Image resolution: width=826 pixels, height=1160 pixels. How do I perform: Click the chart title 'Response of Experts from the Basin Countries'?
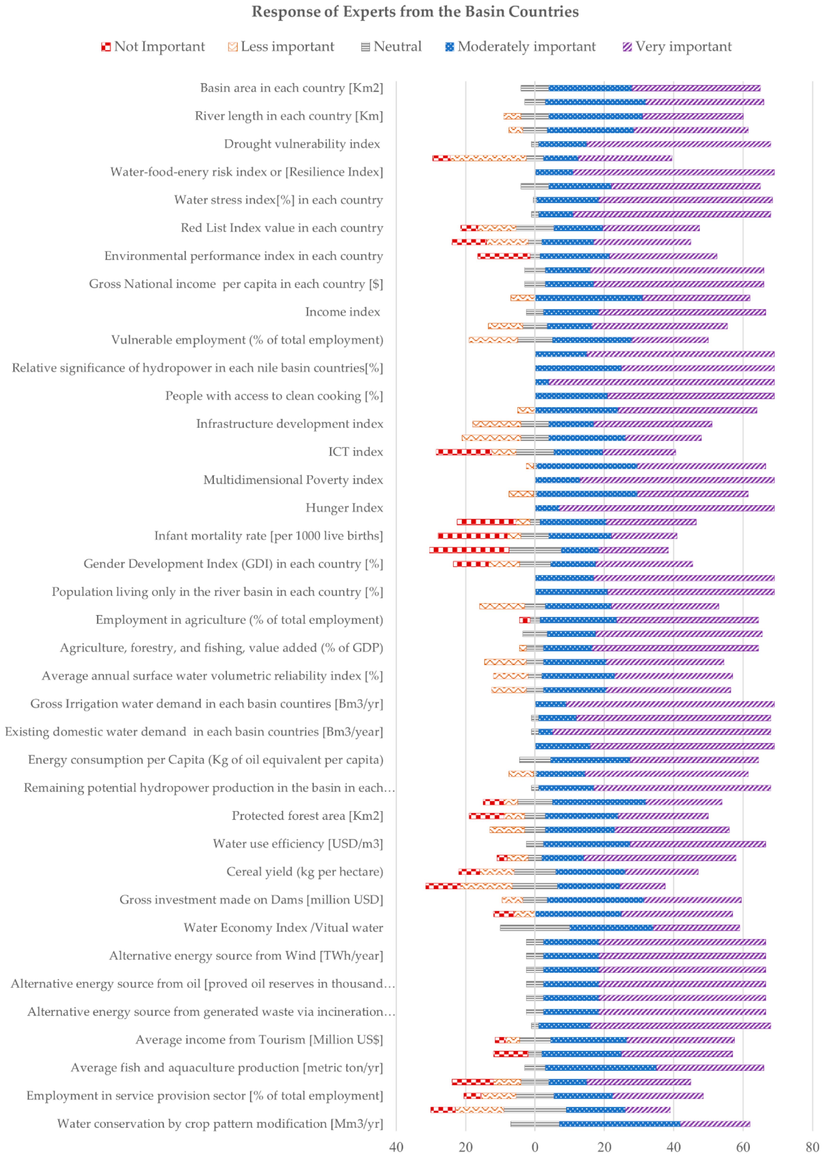point(415,12)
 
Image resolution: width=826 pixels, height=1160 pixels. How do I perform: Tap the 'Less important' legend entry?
point(281,47)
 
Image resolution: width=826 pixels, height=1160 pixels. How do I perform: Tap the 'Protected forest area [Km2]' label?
point(307,816)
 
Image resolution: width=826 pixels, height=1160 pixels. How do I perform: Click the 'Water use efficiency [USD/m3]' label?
point(298,844)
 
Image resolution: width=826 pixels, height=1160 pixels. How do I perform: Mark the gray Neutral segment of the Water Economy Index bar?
point(535,928)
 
